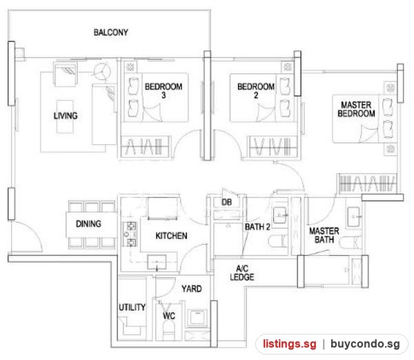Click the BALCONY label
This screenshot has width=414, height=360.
[x=111, y=32]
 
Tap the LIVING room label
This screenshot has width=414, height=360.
[x=66, y=116]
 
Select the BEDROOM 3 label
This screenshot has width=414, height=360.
[x=164, y=90]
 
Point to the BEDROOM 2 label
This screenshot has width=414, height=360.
[x=256, y=90]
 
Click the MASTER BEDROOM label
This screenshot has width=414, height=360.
[x=356, y=109]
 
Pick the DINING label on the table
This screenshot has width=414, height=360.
[x=88, y=224]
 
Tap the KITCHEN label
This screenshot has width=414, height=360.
[x=171, y=235]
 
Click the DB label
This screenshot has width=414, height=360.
[x=226, y=203]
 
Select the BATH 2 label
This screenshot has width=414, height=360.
[x=257, y=227]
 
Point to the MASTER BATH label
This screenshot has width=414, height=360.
[x=324, y=235]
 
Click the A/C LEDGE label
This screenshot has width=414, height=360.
[x=242, y=273]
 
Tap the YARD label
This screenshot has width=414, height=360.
[x=192, y=289]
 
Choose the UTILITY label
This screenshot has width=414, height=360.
[x=132, y=307]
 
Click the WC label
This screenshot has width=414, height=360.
[x=169, y=316]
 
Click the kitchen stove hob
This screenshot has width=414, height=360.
[x=130, y=234]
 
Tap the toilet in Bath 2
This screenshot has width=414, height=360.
[x=278, y=241]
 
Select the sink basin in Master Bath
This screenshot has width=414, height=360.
[x=354, y=217]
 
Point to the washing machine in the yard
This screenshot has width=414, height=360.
[x=198, y=317]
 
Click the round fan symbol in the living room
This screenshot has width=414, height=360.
[x=102, y=71]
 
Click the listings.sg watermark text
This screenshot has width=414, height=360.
[x=290, y=344]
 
